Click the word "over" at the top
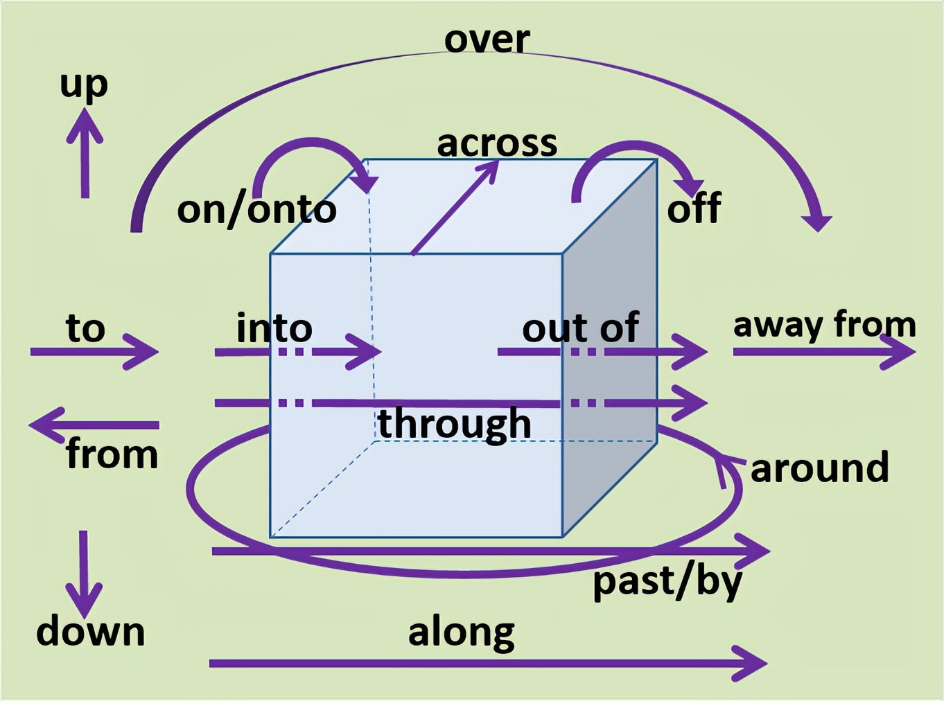click(487, 39)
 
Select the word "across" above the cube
click(497, 143)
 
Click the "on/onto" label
click(256, 209)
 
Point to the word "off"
click(694, 207)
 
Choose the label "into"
click(274, 328)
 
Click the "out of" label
click(580, 328)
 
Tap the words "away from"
click(824, 324)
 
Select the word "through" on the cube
click(455, 423)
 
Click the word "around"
click(819, 468)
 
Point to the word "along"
click(462, 632)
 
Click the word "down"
click(91, 632)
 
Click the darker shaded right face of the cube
click(609, 346)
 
